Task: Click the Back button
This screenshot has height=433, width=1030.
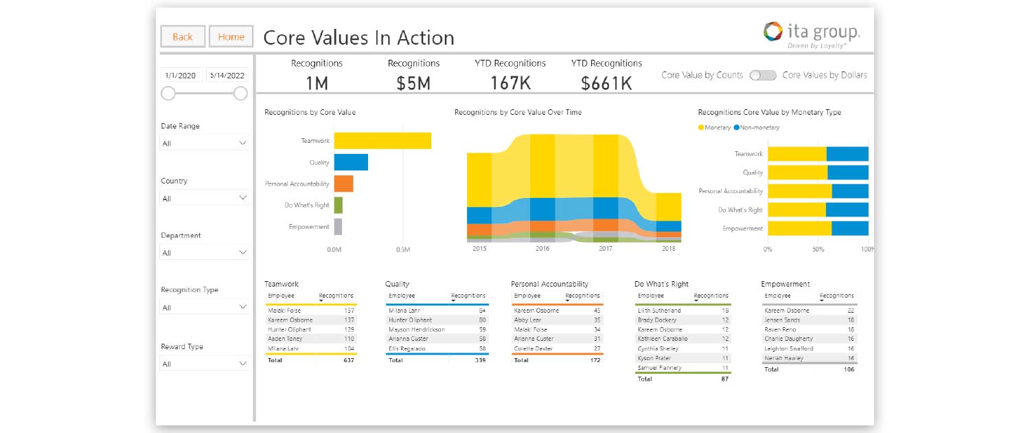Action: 183,37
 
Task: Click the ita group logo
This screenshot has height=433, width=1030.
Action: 812,34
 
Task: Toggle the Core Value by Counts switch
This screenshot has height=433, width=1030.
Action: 762,76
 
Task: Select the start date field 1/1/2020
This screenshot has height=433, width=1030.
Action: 181,76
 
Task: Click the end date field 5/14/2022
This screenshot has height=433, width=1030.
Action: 227,76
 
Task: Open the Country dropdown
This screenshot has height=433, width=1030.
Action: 204,199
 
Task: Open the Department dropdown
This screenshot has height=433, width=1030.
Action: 204,253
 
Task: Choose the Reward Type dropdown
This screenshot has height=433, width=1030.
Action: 204,364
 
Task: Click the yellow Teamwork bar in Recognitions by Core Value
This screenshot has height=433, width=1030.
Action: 382,141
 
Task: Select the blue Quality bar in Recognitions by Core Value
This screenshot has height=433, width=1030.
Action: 351,162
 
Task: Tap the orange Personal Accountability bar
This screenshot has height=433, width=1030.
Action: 343,184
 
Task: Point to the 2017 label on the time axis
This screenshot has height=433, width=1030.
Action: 605,249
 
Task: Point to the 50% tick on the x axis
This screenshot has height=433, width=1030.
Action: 818,249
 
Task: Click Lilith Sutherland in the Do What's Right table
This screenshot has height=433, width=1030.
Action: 659,311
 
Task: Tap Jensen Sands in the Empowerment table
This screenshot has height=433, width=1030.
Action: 782,320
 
